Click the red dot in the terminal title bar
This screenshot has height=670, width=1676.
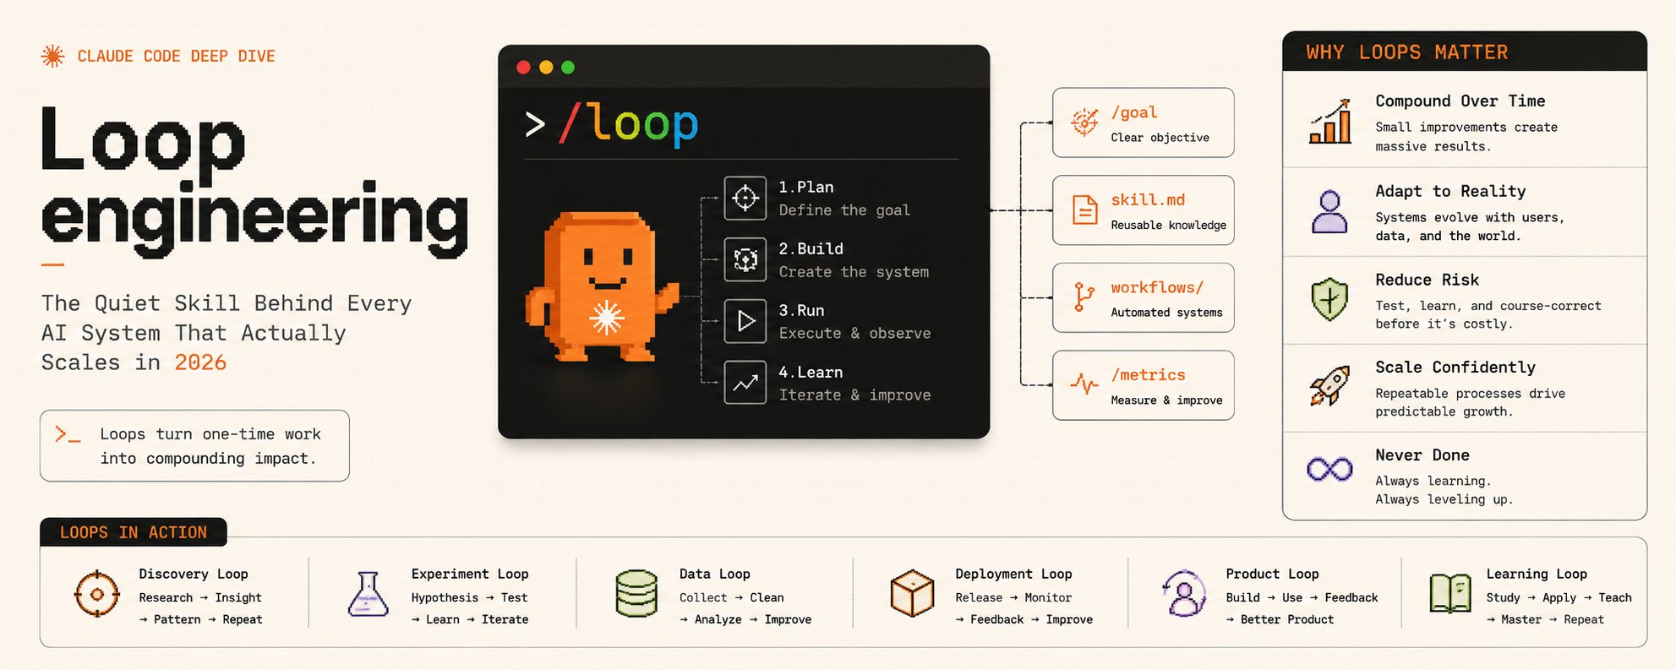523,68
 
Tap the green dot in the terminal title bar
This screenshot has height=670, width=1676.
568,68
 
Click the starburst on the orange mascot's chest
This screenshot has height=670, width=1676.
606,318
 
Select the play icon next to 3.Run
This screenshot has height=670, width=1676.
745,321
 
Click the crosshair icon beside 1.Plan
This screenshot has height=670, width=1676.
745,198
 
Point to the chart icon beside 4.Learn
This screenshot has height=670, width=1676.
745,383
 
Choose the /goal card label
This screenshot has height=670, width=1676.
1134,113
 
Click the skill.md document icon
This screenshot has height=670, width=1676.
1084,210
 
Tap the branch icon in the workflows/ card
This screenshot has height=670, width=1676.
1083,297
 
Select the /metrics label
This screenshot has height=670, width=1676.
1148,375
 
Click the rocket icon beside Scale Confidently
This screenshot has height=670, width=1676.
1329,387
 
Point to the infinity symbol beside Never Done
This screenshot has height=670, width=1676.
1329,468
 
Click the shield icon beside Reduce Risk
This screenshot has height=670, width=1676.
1329,299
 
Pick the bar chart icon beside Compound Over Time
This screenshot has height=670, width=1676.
1330,122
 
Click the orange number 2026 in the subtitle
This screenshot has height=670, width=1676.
200,362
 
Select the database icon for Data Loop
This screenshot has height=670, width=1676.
636,593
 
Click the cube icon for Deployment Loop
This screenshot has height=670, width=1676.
912,593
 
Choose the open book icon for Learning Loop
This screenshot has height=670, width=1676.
1450,593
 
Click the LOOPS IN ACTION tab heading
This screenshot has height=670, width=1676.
134,532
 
